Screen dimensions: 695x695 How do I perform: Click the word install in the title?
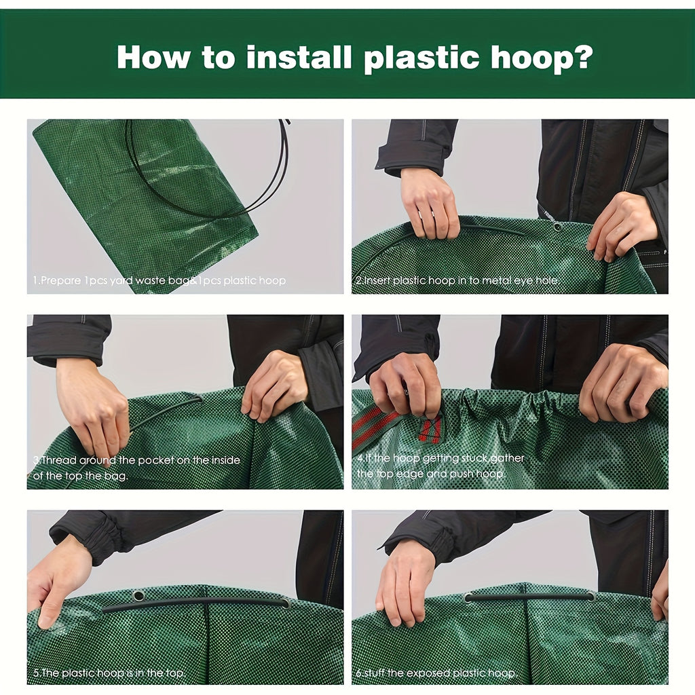298,57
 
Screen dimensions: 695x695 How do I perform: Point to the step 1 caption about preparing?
159,280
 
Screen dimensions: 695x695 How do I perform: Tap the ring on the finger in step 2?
425,217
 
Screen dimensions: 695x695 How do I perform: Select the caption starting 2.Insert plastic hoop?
457,280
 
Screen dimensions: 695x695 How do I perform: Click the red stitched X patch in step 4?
430,429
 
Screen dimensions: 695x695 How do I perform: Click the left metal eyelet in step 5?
139,595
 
